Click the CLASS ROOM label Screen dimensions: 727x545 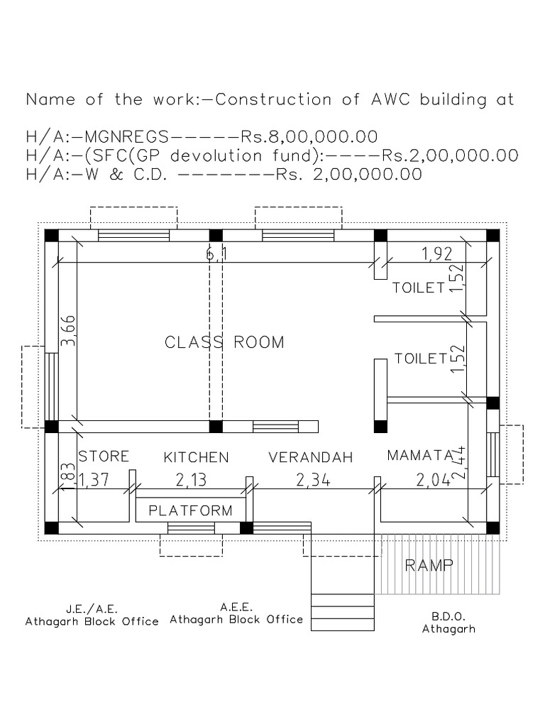point(224,342)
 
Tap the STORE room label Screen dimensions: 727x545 point(104,456)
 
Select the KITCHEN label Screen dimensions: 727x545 point(197,457)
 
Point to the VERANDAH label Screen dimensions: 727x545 point(311,458)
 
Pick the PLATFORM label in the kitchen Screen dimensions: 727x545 point(191,510)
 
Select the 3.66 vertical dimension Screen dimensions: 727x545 point(68,331)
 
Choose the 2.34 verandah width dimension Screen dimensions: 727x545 point(313,481)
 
